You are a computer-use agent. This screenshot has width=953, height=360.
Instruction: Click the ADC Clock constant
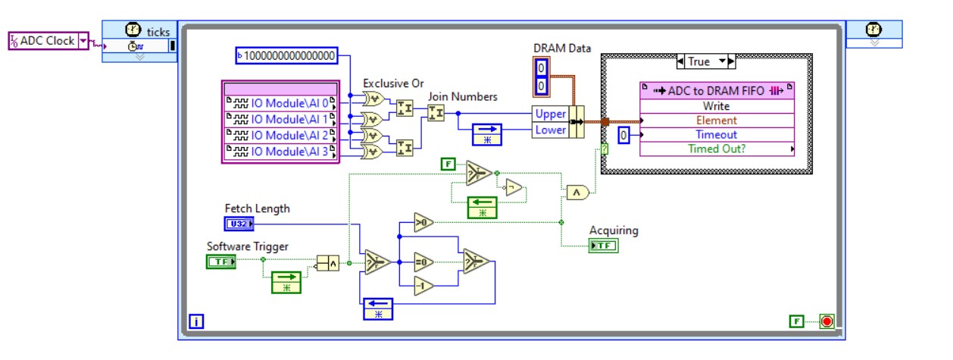coord(48,41)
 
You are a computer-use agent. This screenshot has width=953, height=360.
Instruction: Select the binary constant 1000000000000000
coord(286,55)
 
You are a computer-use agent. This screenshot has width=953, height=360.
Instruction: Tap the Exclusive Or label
coord(393,83)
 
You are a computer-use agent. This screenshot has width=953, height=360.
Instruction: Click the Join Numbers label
coord(462,96)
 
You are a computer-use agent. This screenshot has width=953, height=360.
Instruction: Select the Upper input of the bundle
coord(550,114)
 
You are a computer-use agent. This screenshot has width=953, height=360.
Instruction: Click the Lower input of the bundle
coord(550,130)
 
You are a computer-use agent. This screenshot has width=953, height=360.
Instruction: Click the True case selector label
coord(699,61)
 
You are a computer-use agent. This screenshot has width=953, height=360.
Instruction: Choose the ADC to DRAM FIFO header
coord(717,91)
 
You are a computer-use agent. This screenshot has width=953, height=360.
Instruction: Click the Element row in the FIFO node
coord(717,121)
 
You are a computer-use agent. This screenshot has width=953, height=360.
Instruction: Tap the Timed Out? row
coord(717,149)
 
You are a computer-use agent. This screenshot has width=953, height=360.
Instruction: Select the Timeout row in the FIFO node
coord(717,134)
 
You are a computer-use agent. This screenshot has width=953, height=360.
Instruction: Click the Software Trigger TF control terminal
coord(221,261)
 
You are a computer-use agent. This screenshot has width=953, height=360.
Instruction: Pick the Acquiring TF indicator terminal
coord(603,246)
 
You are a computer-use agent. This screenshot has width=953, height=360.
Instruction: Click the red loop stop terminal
coord(826,321)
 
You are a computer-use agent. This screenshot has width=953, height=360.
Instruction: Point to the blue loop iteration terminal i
coord(196,322)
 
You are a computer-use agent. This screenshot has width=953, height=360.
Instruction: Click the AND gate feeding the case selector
coord(577,193)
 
